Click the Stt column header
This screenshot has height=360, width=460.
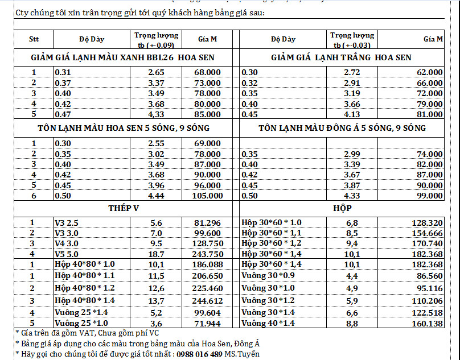point(34,39)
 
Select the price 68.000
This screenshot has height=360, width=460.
point(208,72)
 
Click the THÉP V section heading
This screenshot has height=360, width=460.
point(124,208)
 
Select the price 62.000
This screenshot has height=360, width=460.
point(429,72)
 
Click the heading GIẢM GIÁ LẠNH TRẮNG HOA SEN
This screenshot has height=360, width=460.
point(341,57)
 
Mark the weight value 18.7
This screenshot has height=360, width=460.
point(155,253)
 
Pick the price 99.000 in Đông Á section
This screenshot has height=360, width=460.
point(429,196)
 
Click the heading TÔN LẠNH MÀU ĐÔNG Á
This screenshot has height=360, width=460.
point(341,128)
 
